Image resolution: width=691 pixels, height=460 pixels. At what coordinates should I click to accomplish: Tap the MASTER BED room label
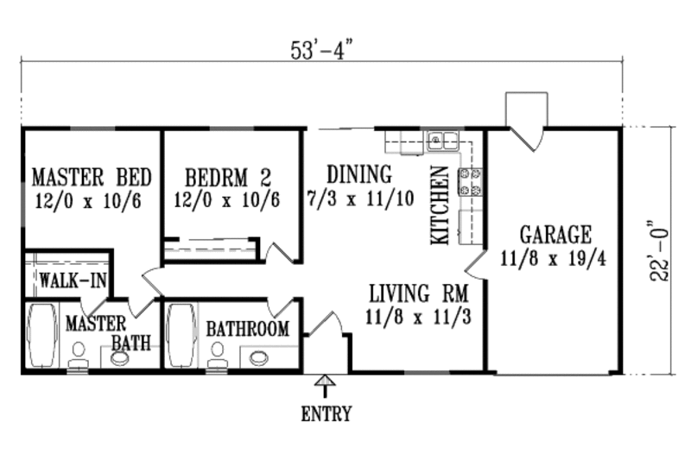pyautogui.click(x=92, y=178)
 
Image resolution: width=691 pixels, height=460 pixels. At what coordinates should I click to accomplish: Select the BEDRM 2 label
pyautogui.click(x=228, y=178)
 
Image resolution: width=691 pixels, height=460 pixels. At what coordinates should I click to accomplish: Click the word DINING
pyautogui.click(x=359, y=175)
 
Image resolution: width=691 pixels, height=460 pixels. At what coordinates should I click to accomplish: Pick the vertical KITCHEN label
pyautogui.click(x=441, y=205)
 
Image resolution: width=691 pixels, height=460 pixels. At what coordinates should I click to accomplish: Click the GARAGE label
pyautogui.click(x=555, y=234)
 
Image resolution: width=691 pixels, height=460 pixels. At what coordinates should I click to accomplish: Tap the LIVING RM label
pyautogui.click(x=418, y=292)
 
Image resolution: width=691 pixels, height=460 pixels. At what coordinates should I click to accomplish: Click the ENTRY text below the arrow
pyautogui.click(x=326, y=414)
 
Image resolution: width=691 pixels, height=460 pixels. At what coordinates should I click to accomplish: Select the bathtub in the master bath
pyautogui.click(x=41, y=335)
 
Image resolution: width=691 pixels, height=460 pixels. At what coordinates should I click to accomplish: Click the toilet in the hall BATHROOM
pyautogui.click(x=217, y=353)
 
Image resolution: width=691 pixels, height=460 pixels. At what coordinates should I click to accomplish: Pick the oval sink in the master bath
pyautogui.click(x=119, y=357)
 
